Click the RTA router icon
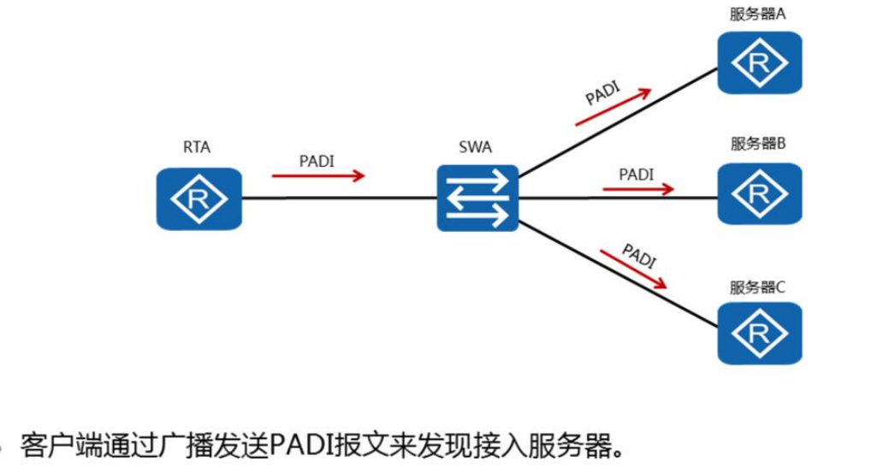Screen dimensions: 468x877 coord(199,198)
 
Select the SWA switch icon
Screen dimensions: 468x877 coord(477,198)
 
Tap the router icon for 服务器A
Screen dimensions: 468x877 coord(759,62)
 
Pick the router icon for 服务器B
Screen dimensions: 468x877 coord(759,194)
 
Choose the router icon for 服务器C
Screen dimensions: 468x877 coord(759,333)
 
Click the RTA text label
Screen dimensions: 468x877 coord(197,147)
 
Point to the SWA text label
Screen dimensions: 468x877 coord(475,147)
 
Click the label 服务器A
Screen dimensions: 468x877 coord(757,15)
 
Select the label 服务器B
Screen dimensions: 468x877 coord(757,144)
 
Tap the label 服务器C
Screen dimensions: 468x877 coord(757,287)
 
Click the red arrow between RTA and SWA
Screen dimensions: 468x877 coord(318,176)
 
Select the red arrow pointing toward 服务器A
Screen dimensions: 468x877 coord(613,106)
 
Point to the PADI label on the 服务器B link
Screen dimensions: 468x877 coord(636,174)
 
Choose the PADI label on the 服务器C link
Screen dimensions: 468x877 coord(639,255)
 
